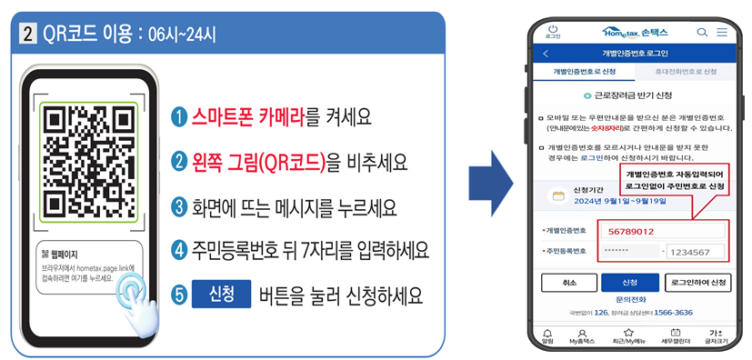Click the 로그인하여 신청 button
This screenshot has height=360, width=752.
698,283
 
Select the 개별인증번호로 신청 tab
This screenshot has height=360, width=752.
585,71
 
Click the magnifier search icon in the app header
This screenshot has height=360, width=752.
702,32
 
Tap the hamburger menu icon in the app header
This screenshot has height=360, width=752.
722,32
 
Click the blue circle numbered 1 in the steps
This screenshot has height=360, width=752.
180,117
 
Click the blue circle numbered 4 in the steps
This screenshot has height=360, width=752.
180,249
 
